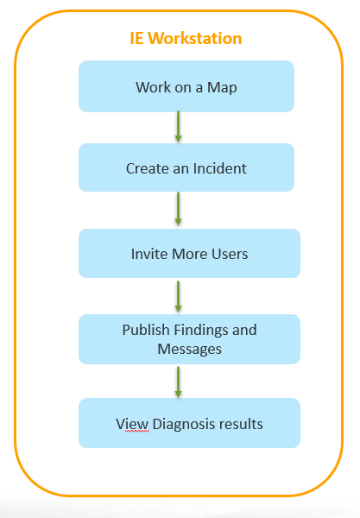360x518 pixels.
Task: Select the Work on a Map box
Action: point(186,86)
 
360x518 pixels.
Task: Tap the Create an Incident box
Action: point(186,167)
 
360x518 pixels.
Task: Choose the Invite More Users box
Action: point(189,253)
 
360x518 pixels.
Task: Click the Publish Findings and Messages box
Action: point(189,338)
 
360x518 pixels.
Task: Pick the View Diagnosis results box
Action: point(189,423)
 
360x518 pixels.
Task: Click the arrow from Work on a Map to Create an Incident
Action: point(178,127)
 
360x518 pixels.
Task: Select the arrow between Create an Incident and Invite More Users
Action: point(178,209)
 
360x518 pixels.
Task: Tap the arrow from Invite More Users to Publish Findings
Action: point(178,295)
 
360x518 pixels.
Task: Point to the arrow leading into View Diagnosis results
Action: point(178,380)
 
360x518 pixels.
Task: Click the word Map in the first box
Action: point(224,88)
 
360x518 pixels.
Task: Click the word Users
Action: point(229,255)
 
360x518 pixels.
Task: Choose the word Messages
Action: point(189,350)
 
